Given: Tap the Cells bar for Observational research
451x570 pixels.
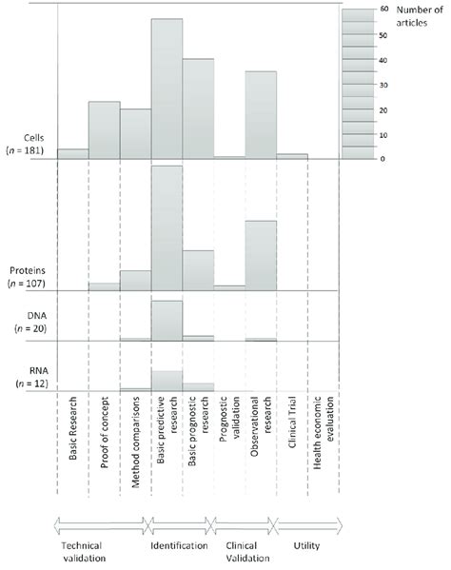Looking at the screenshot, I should coord(261,114).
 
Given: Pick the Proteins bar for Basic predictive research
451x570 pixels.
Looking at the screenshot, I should coord(167,228).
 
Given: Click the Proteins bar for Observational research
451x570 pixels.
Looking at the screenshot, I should coord(261,255).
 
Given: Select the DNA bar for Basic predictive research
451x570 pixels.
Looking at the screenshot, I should coord(167,320).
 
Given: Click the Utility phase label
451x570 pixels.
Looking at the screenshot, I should coord(307,545).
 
